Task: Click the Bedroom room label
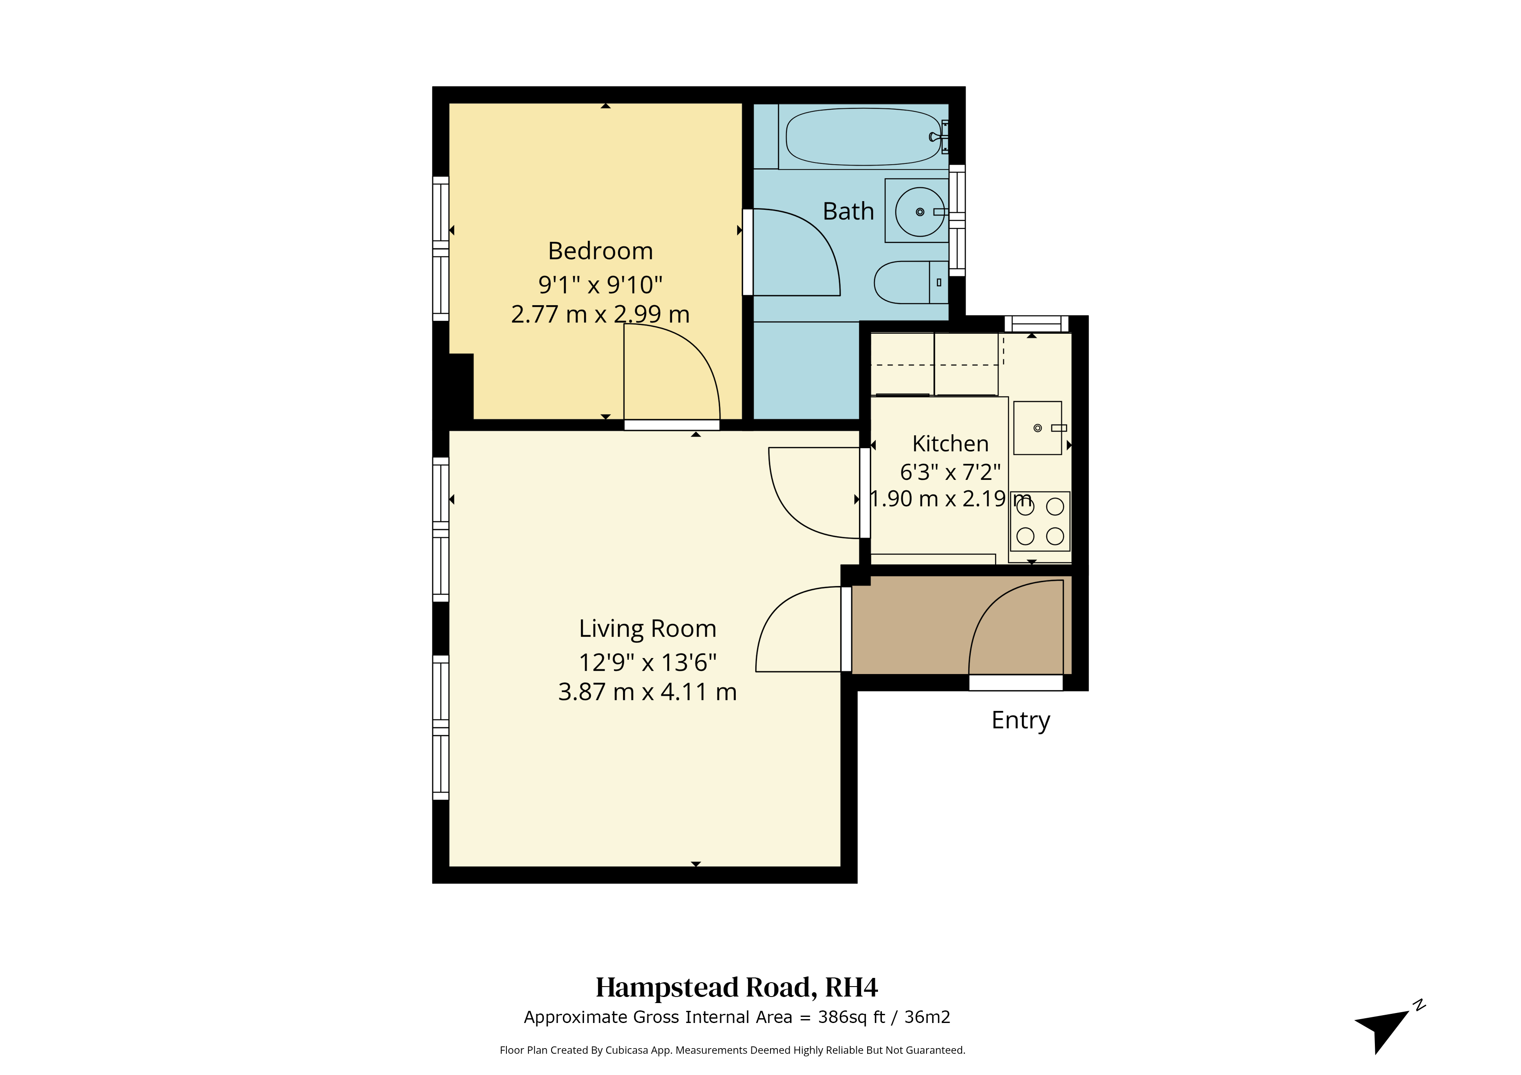tap(600, 251)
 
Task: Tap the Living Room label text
tap(647, 629)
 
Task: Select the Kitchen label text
tap(950, 443)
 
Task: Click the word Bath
tap(848, 211)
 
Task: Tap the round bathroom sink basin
tap(920, 212)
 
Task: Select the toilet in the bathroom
tap(911, 282)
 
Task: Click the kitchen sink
tap(1038, 428)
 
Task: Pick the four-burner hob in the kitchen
tap(1040, 521)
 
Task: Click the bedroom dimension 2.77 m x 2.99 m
tap(600, 314)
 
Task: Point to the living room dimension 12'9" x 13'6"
tap(647, 662)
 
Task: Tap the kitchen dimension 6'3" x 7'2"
tap(950, 472)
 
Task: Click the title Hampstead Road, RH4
tap(737, 987)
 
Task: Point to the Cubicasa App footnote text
tap(732, 1050)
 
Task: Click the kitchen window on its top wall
tap(1037, 324)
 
